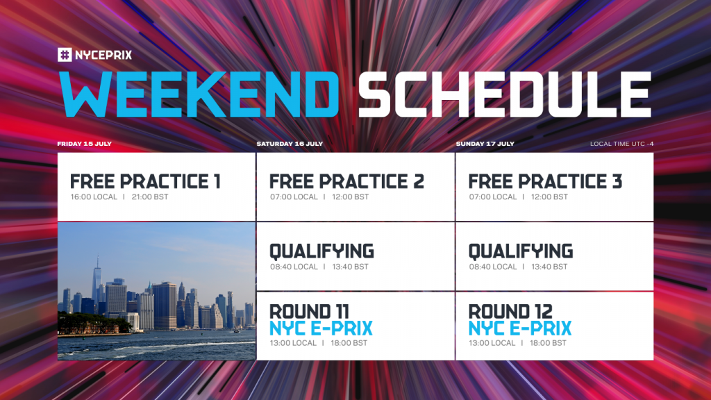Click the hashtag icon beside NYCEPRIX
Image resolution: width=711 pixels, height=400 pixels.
(65, 55)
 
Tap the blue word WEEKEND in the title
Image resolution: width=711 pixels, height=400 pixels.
(199, 94)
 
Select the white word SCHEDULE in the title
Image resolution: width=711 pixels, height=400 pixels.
(505, 94)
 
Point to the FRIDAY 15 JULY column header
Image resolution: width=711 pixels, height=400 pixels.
(84, 144)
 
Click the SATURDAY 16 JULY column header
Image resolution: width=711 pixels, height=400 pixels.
(290, 144)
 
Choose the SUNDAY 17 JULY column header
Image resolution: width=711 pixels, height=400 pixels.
(485, 144)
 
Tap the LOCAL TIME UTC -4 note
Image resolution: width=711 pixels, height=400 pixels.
(621, 144)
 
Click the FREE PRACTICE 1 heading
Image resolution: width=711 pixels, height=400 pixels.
(145, 181)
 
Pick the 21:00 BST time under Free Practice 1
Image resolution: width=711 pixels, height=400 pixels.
(150, 197)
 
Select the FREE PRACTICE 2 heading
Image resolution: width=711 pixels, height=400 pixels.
(347, 181)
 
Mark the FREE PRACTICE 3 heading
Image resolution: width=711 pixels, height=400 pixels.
(546, 181)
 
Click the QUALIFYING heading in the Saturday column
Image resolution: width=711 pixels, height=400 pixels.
(322, 251)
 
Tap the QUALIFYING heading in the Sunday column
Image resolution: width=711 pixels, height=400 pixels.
(521, 251)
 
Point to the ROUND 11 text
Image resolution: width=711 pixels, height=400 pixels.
(309, 312)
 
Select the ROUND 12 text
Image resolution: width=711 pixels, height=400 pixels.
(510, 312)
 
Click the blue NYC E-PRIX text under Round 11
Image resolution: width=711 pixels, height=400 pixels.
(321, 328)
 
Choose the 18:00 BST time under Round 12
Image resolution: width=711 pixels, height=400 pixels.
(549, 343)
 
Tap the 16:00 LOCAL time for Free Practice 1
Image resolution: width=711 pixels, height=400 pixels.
(94, 197)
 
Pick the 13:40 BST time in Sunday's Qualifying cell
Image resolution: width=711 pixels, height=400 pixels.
(550, 267)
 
